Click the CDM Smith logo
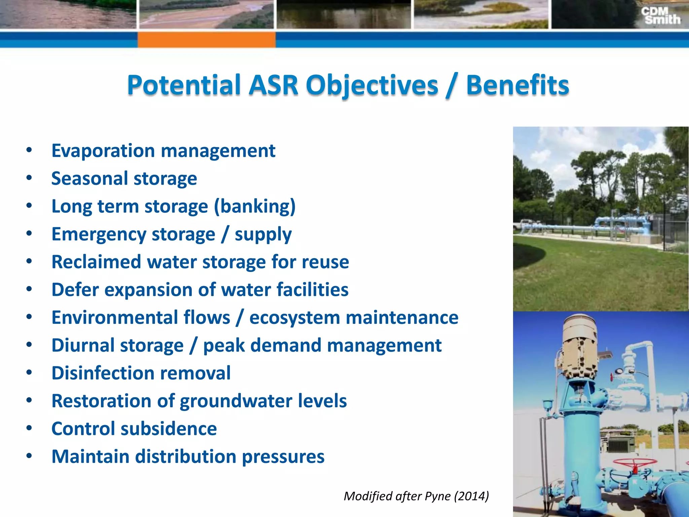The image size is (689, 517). pyautogui.click(x=660, y=16)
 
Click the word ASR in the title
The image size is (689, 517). pyautogui.click(x=273, y=85)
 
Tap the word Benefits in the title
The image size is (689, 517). pyautogui.click(x=517, y=85)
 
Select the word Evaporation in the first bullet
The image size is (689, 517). pyautogui.click(x=103, y=151)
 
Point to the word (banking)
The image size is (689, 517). pyautogui.click(x=255, y=206)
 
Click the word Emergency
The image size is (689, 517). pyautogui.click(x=100, y=235)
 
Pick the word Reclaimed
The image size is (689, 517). pyautogui.click(x=96, y=262)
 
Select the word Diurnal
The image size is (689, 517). pyautogui.click(x=83, y=346)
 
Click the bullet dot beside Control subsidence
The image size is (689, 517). pyautogui.click(x=29, y=428)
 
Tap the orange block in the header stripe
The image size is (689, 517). pyautogui.click(x=206, y=39)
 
